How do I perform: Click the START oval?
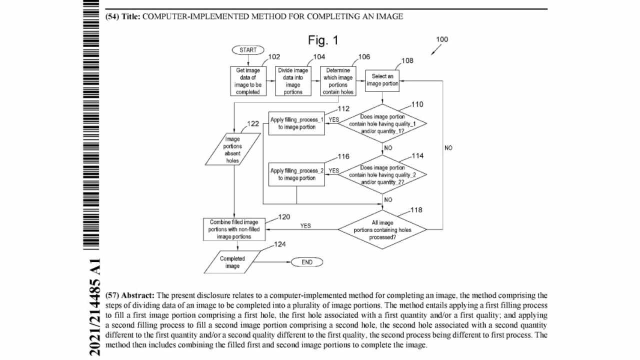point(248,50)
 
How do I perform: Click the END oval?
point(307,262)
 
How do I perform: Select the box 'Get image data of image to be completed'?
point(248,81)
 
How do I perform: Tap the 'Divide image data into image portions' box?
point(293,81)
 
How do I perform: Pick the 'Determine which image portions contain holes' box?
point(338,81)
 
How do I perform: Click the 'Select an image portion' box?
point(382,80)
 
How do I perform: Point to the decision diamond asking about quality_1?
point(382,123)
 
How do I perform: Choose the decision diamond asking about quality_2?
point(382,174)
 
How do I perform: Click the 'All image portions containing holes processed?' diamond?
point(382,230)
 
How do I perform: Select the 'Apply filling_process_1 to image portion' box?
point(296,123)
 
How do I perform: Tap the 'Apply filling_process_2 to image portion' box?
point(296,174)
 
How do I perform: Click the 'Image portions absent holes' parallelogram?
point(232,150)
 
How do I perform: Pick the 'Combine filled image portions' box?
point(234,229)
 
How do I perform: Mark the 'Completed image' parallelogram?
point(232,262)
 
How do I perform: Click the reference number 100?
point(442,39)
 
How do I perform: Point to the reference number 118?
point(416,210)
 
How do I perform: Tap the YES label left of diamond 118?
point(305,226)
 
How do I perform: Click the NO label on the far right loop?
point(448,148)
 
